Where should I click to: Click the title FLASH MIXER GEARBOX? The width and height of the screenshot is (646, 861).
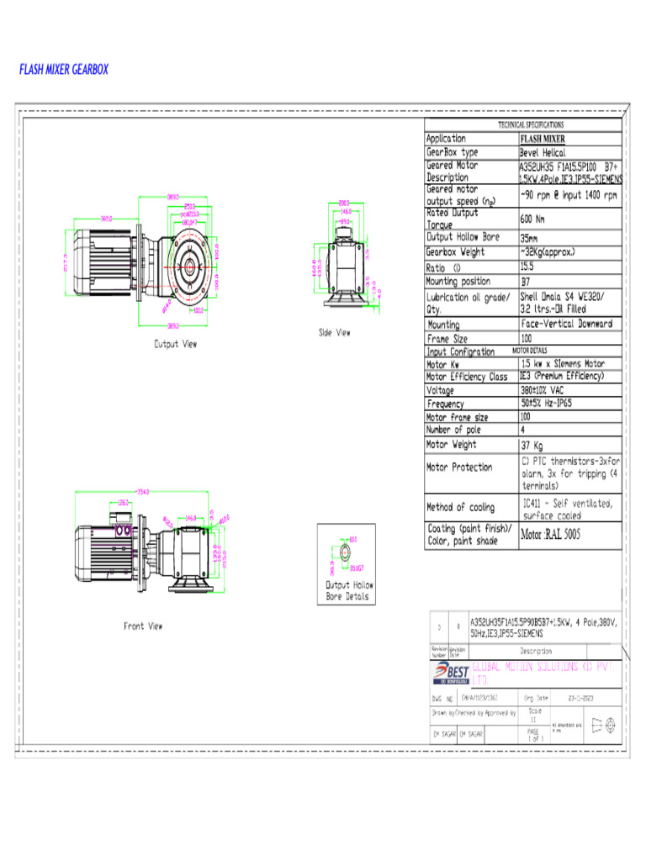pos(64,70)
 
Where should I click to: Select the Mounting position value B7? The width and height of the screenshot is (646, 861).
pos(526,282)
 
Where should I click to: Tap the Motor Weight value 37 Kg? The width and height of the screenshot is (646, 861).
pos(532,445)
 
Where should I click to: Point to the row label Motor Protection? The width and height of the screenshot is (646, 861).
pos(459,467)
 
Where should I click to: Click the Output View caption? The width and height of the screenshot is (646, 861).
pos(175,343)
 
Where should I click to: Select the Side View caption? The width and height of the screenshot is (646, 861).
pos(335,333)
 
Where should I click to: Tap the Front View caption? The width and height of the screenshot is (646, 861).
pos(144,626)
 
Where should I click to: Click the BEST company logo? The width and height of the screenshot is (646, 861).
pos(451,673)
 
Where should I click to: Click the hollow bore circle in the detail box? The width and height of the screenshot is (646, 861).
pos(344,551)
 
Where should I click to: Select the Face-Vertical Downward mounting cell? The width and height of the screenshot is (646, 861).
pos(566,324)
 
